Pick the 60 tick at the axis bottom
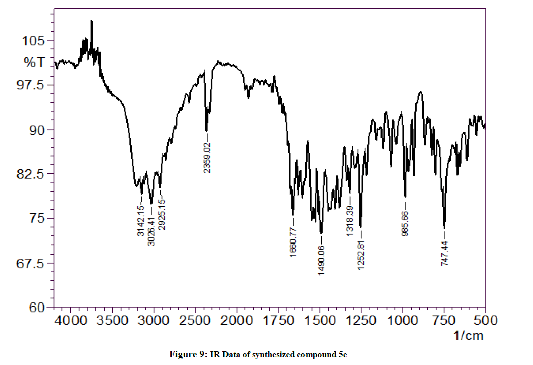point(38,307)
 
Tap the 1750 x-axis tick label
point(278,320)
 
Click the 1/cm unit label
point(469,334)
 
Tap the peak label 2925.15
point(161,214)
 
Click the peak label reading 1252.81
point(361,254)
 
